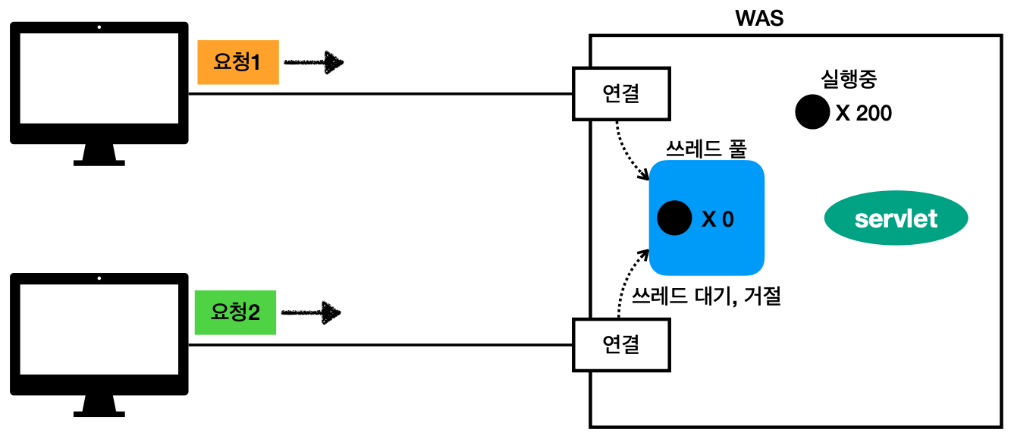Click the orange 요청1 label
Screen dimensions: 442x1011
237,62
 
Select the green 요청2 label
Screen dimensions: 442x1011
235,312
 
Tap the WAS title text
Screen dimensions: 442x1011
759,18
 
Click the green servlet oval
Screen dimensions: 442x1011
896,219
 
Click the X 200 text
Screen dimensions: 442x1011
863,114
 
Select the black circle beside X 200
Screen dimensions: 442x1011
812,112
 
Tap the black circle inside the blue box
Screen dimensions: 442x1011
674,218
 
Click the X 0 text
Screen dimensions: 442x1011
717,219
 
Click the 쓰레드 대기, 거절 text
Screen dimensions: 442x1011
706,296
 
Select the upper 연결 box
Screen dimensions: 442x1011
621,94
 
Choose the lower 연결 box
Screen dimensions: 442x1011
621,345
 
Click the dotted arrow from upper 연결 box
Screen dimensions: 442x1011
629,152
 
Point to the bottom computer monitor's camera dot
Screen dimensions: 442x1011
99,278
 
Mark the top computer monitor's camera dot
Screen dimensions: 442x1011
99,27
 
